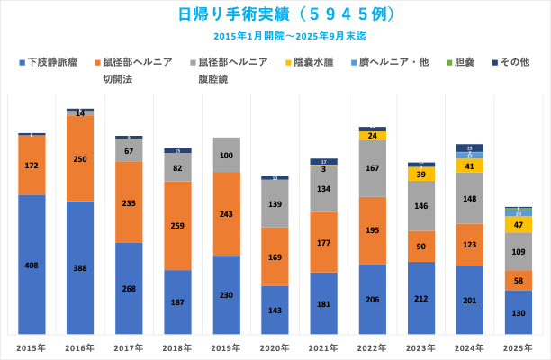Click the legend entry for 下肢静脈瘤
coord(50,62)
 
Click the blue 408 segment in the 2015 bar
coord(32,265)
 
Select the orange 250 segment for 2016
coord(80,158)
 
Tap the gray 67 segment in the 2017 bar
coord(129,150)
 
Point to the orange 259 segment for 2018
coord(177,225)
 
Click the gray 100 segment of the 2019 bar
coord(226,155)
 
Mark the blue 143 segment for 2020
coord(275,310)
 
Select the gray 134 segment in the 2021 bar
coord(323,189)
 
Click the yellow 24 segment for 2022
coord(372,136)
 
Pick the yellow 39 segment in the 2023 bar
coord(420,175)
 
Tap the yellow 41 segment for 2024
coord(469,166)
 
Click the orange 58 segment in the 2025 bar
coord(518,281)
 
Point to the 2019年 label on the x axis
coord(226,346)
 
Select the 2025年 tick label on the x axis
coord(518,346)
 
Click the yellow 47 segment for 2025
coord(518,225)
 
